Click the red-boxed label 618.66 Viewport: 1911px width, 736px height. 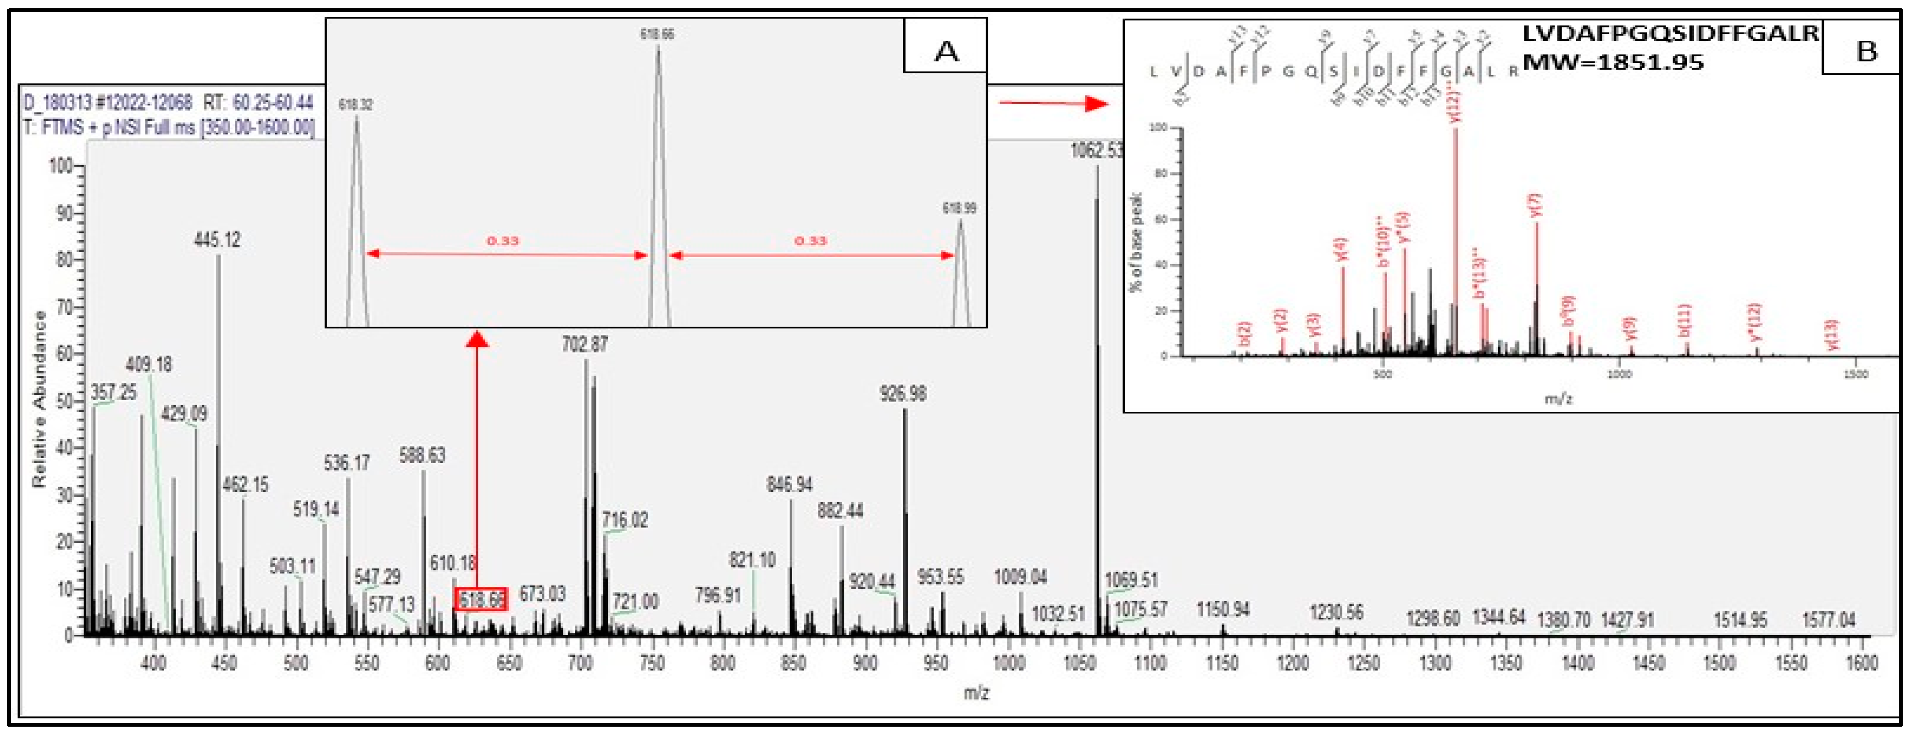click(481, 599)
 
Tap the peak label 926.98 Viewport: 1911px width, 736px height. click(903, 393)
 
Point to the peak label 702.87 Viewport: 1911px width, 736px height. click(585, 344)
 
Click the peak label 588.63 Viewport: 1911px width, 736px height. click(422, 455)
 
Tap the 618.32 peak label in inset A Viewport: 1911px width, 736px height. click(356, 105)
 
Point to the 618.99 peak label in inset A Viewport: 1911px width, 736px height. click(959, 209)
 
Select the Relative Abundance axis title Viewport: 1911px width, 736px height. click(39, 399)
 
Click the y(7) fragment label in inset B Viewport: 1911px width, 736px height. click(1535, 205)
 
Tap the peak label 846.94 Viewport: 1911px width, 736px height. click(790, 485)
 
